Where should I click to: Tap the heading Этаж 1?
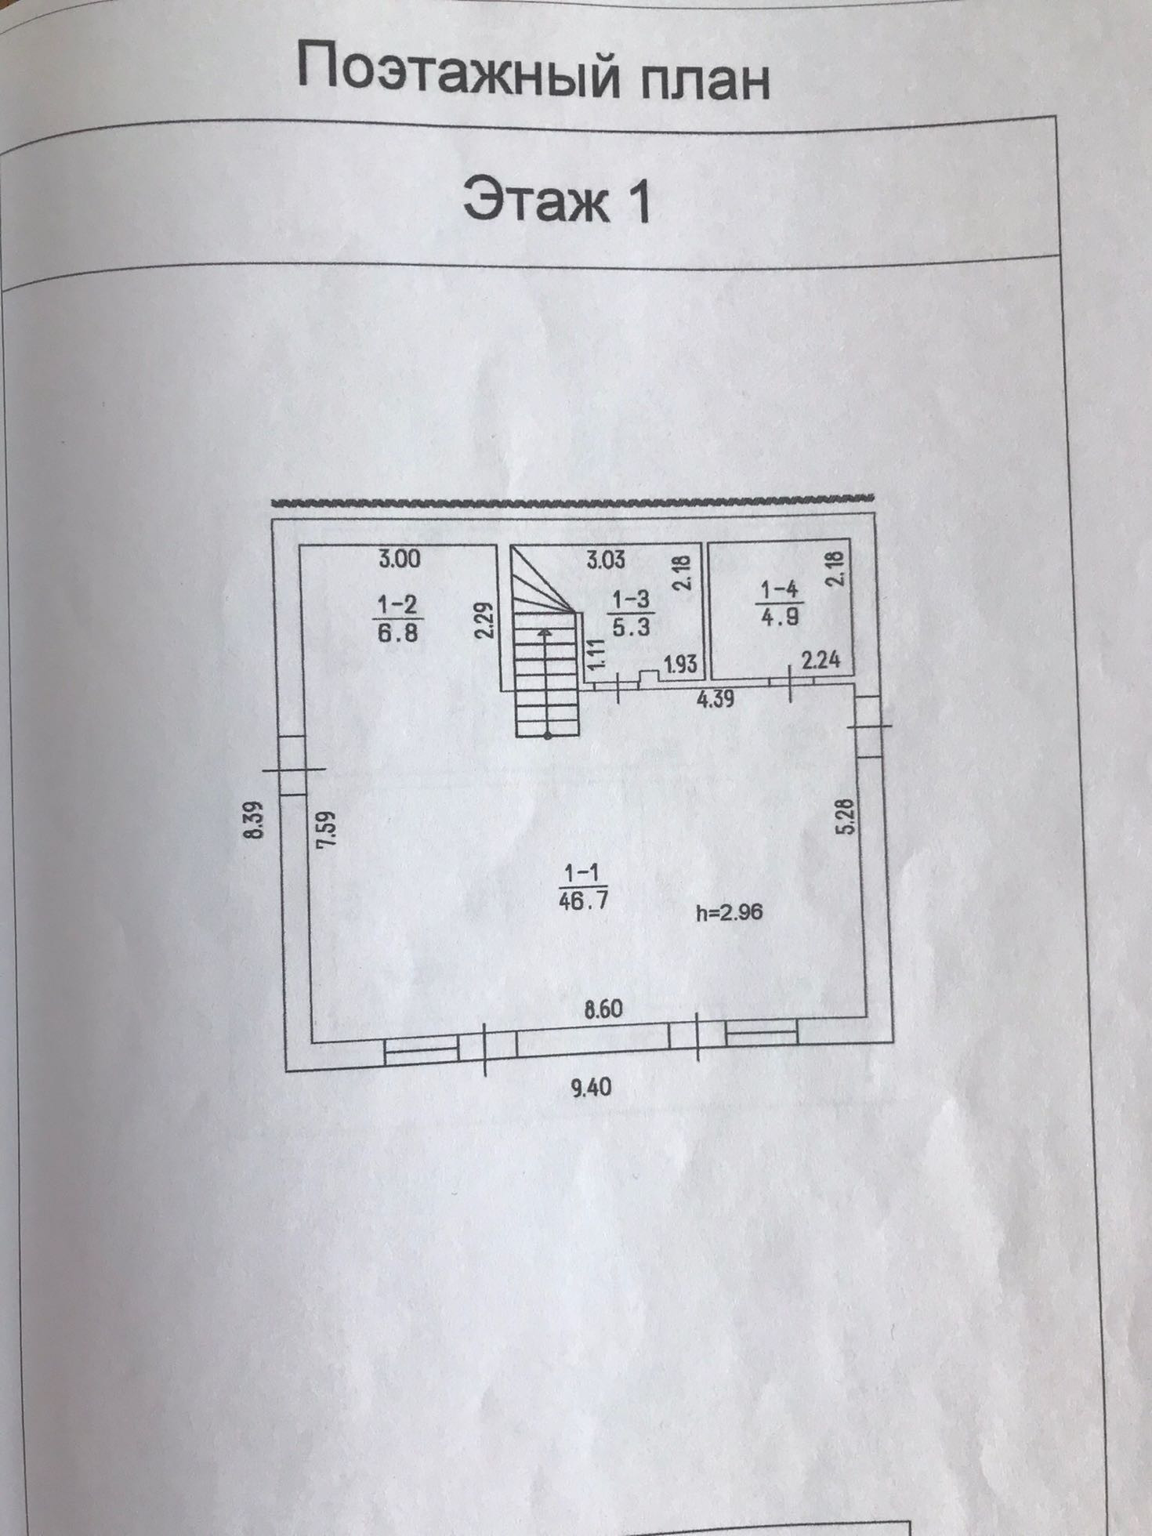point(556,200)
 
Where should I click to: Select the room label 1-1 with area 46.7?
point(583,886)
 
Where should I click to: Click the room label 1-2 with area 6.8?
point(398,618)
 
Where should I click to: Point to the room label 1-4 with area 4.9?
point(780,602)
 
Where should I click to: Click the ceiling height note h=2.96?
point(729,911)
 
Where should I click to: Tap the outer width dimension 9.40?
point(592,1087)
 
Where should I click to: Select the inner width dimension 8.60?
point(603,1009)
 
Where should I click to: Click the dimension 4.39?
point(715,697)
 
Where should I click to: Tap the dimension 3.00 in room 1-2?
point(400,559)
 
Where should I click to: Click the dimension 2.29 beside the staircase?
point(484,621)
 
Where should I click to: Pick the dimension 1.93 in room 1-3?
point(680,664)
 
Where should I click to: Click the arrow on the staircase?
point(546,635)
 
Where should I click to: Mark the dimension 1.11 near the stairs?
point(597,654)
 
